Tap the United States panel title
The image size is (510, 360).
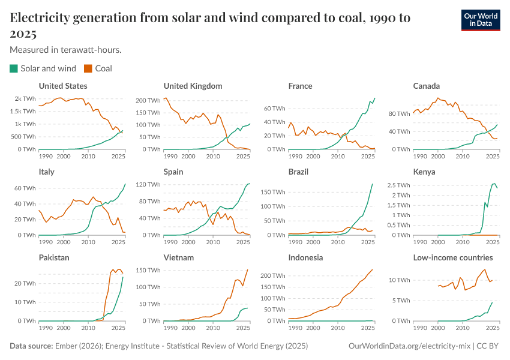pos(63,86)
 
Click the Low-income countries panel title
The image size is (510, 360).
pos(453,257)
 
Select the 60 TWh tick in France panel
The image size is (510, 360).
pos(274,109)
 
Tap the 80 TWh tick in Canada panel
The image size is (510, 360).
pos(398,113)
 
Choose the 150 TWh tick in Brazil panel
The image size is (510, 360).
pos(271,192)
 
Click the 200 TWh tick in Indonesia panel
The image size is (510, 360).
pos(271,276)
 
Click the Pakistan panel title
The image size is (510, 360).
pos(54,257)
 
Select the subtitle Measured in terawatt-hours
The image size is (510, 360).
pos(66,50)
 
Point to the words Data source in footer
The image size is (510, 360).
pos(31,346)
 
